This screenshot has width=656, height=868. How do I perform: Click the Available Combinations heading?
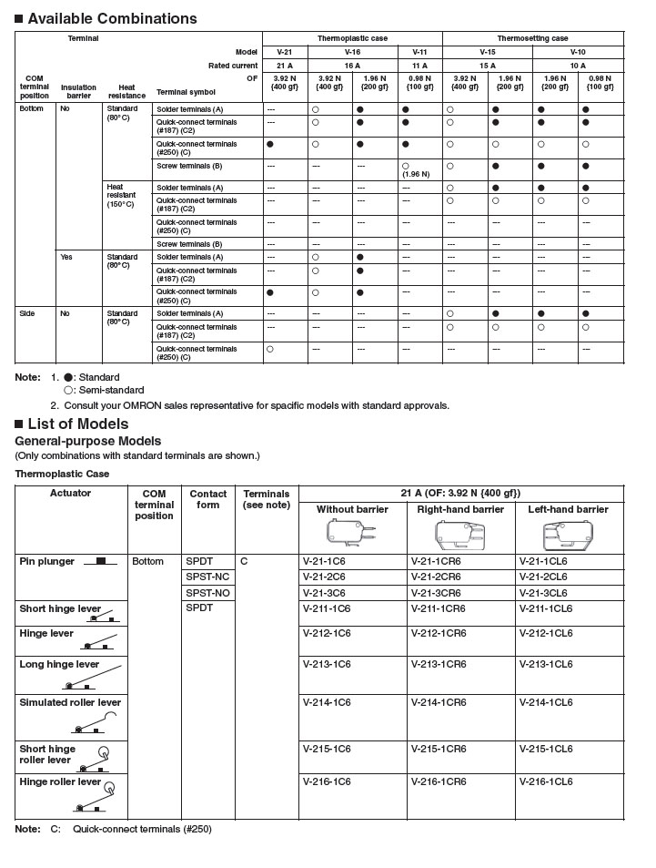112,18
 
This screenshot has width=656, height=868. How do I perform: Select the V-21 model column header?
285,52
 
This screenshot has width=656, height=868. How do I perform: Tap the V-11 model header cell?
419,52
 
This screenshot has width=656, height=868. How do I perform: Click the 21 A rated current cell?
285,66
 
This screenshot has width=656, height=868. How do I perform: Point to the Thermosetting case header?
532,38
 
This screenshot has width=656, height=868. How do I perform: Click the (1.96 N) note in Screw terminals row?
419,173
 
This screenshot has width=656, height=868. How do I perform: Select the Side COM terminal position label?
27,312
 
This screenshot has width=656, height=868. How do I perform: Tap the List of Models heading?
77,424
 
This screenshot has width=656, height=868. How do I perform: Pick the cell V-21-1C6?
326,561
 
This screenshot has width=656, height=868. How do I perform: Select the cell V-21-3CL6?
543,592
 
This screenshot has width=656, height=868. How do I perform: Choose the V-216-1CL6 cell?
546,781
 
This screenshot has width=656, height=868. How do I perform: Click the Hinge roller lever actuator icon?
95,799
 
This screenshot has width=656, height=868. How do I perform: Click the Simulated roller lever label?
70,702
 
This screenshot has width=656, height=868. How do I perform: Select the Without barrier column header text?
352,509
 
